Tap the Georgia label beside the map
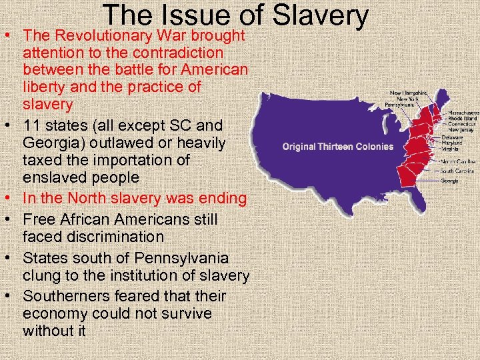(x=449, y=180)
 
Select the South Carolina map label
(x=457, y=171)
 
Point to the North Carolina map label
(x=457, y=161)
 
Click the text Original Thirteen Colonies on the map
(x=338, y=147)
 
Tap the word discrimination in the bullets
(x=93, y=237)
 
